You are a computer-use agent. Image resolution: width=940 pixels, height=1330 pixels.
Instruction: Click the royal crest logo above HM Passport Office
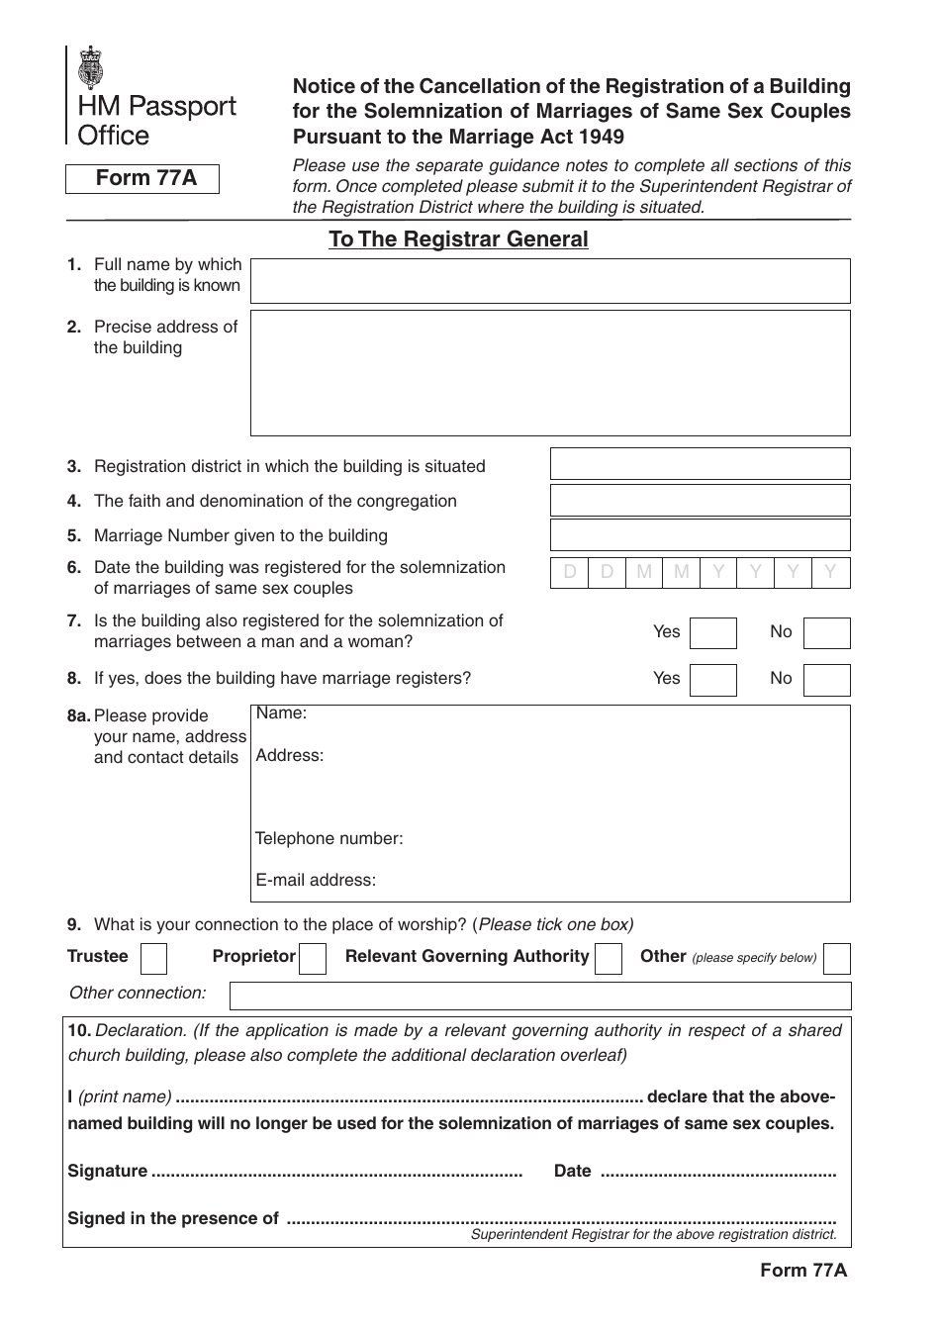(x=91, y=68)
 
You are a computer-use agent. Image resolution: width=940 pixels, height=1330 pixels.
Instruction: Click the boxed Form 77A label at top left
(x=142, y=179)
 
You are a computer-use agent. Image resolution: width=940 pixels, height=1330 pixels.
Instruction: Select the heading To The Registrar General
(x=458, y=239)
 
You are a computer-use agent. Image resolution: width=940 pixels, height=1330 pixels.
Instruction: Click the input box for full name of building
(x=550, y=281)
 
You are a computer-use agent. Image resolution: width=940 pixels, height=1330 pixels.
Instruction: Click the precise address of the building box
(x=550, y=373)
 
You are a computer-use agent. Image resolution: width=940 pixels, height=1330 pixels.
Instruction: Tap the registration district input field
(x=700, y=464)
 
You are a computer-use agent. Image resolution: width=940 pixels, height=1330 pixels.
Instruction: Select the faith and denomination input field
(x=700, y=501)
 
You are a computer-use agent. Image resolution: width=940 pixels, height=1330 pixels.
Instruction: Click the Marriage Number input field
(x=700, y=535)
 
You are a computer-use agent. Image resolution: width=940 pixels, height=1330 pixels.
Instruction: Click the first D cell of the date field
(x=569, y=572)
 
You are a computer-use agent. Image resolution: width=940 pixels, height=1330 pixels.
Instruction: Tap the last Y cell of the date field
(x=830, y=572)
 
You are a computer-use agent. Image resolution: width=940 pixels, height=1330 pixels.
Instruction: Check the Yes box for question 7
(x=712, y=633)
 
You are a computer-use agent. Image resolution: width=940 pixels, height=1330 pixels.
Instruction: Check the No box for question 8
(x=826, y=680)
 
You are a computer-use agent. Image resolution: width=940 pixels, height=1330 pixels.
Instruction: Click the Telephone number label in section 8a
(x=329, y=839)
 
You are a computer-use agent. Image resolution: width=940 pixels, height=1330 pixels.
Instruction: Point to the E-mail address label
(x=316, y=881)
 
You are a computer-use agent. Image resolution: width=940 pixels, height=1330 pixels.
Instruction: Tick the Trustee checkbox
(x=154, y=959)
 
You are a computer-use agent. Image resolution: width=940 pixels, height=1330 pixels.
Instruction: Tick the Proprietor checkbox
(x=313, y=959)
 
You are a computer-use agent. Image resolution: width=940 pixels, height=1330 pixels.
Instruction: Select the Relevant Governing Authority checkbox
(x=610, y=959)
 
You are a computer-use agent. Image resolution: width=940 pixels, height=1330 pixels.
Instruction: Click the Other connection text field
(x=539, y=995)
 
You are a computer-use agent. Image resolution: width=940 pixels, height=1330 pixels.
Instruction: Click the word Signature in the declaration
(x=107, y=1172)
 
